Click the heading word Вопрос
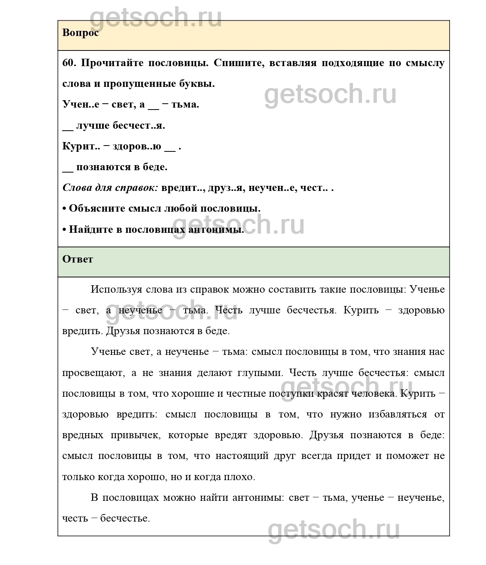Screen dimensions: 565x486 click(x=80, y=32)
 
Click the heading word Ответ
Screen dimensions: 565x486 click(x=77, y=259)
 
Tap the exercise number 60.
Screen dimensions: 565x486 click(x=69, y=63)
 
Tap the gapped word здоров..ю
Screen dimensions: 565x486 click(x=137, y=146)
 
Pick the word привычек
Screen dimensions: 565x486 click(x=135, y=435)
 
